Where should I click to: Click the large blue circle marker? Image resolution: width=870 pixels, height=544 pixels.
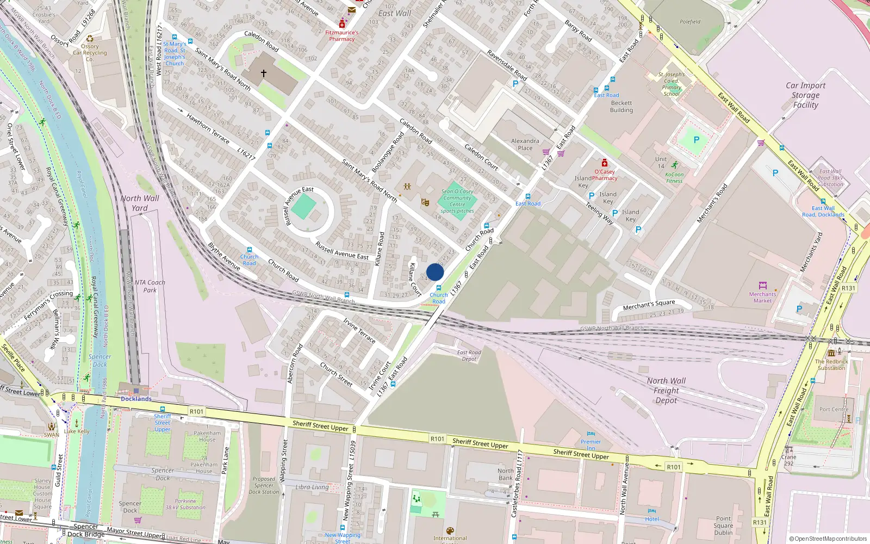[435, 273]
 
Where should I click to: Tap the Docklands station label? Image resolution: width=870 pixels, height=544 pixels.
[136, 399]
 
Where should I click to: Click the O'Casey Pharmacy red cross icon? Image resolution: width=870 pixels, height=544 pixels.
[604, 163]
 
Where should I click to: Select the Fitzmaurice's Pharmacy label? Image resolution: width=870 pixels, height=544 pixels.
[341, 35]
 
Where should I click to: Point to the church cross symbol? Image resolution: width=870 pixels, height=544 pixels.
[264, 73]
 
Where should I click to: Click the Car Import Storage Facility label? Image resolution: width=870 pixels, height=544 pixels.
[805, 95]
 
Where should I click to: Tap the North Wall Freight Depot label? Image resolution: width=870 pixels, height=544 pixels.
[666, 391]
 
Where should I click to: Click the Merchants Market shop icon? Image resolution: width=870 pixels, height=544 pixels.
[762, 286]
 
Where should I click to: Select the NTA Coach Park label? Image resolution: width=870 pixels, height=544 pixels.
[150, 286]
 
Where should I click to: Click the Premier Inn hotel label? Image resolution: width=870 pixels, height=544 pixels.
[591, 445]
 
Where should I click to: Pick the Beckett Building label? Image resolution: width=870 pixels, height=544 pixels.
[622, 106]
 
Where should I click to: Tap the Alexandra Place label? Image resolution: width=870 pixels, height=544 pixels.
[525, 144]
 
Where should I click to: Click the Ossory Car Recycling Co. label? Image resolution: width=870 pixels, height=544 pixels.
[90, 53]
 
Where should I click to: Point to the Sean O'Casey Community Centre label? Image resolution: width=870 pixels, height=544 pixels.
[457, 201]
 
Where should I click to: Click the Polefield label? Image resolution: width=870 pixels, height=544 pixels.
[690, 22]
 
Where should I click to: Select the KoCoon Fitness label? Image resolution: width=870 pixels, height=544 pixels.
[674, 178]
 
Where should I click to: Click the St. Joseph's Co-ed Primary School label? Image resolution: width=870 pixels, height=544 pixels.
[672, 84]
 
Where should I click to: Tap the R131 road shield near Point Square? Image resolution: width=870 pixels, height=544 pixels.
[760, 522]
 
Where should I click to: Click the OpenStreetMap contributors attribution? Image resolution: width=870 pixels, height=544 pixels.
[828, 539]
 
